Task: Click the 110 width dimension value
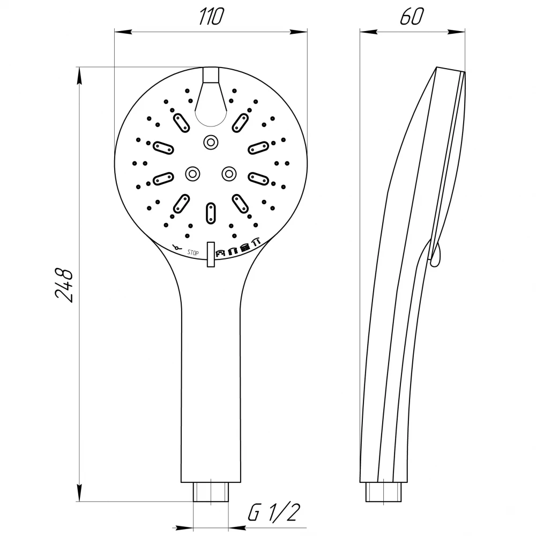(x=212, y=17)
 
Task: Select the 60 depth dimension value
(x=412, y=17)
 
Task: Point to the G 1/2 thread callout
(x=274, y=512)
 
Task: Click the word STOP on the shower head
(x=193, y=252)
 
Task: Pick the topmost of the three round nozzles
(x=211, y=142)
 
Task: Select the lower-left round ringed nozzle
(x=192, y=174)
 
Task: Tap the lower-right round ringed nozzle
(x=229, y=174)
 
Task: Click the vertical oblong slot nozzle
(x=211, y=213)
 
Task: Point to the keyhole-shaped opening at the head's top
(x=211, y=102)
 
